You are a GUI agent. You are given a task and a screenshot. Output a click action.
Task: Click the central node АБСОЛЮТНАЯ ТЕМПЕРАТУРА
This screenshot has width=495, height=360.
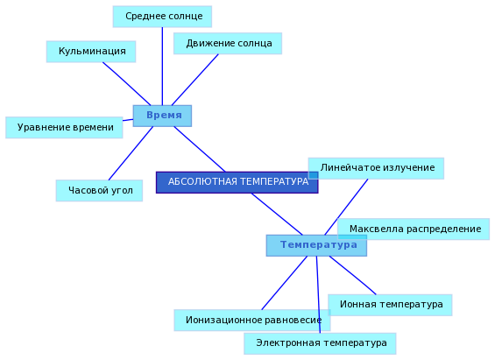pyautogui.click(x=237, y=182)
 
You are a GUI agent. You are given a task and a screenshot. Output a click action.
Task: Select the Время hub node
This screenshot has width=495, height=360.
pyautogui.click(x=162, y=116)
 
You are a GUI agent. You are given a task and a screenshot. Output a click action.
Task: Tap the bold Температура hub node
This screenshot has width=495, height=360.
pyautogui.click(x=316, y=245)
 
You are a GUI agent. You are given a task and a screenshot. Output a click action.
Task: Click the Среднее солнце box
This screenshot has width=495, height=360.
pyautogui.click(x=162, y=17)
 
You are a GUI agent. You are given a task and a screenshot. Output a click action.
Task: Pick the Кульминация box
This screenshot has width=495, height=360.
pyautogui.click(x=91, y=52)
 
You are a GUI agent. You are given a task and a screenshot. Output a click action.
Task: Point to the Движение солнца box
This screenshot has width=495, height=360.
pyautogui.click(x=228, y=44)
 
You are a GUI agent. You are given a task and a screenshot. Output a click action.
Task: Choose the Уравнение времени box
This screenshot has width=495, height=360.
pyautogui.click(x=64, y=128)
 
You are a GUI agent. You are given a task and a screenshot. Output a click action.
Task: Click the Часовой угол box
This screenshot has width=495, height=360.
pyautogui.click(x=99, y=191)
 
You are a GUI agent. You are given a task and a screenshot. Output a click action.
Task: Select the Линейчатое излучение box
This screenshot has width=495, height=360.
pyautogui.click(x=376, y=168)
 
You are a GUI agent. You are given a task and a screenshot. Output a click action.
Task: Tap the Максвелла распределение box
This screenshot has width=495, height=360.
pyautogui.click(x=414, y=229)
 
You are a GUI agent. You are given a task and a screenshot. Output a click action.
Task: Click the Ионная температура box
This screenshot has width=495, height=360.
pyautogui.click(x=390, y=305)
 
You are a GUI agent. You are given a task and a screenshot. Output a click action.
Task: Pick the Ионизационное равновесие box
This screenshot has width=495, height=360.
pyautogui.click(x=252, y=321)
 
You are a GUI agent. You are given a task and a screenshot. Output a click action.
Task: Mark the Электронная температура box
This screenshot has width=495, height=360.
pyautogui.click(x=320, y=343)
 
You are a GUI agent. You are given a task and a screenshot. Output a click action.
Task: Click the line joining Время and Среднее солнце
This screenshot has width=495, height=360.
pyautogui.click(x=162, y=67)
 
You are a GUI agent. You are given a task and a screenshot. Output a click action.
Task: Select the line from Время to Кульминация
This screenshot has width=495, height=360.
pyautogui.click(x=126, y=83)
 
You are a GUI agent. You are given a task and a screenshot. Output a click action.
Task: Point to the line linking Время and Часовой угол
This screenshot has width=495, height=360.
pyautogui.click(x=131, y=153)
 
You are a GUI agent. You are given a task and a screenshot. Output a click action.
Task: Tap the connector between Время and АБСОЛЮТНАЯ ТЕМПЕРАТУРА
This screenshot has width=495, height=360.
pyautogui.click(x=200, y=149)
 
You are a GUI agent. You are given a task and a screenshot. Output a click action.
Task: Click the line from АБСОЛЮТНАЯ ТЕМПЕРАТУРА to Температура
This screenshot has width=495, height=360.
pyautogui.click(x=277, y=215)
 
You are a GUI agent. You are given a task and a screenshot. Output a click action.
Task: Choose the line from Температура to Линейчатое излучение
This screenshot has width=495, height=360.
pyautogui.click(x=346, y=207)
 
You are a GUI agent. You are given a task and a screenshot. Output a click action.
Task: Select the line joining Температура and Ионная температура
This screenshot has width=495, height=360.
pyautogui.click(x=352, y=275)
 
